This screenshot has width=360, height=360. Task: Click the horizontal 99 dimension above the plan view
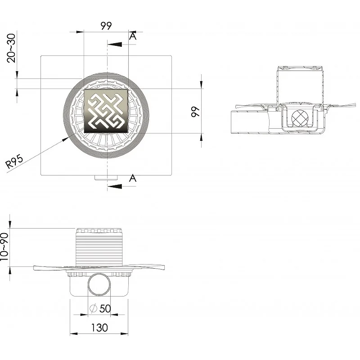pyautogui.click(x=106, y=26)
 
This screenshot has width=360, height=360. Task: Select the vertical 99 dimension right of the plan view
pyautogui.click(x=195, y=112)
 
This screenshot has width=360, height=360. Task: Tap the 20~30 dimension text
pyautogui.click(x=11, y=48)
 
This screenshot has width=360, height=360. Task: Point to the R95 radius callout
pyautogui.click(x=14, y=162)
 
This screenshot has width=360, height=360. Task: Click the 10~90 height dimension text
pyautogui.click(x=4, y=247)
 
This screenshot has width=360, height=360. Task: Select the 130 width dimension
pyautogui.click(x=99, y=328)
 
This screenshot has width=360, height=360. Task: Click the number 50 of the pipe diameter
pyautogui.click(x=105, y=308)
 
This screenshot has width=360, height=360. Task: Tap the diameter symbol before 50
pyautogui.click(x=93, y=308)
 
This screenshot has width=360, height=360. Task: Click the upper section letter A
pyautogui.click(x=133, y=36)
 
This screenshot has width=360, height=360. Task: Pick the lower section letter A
pyautogui.click(x=133, y=178)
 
